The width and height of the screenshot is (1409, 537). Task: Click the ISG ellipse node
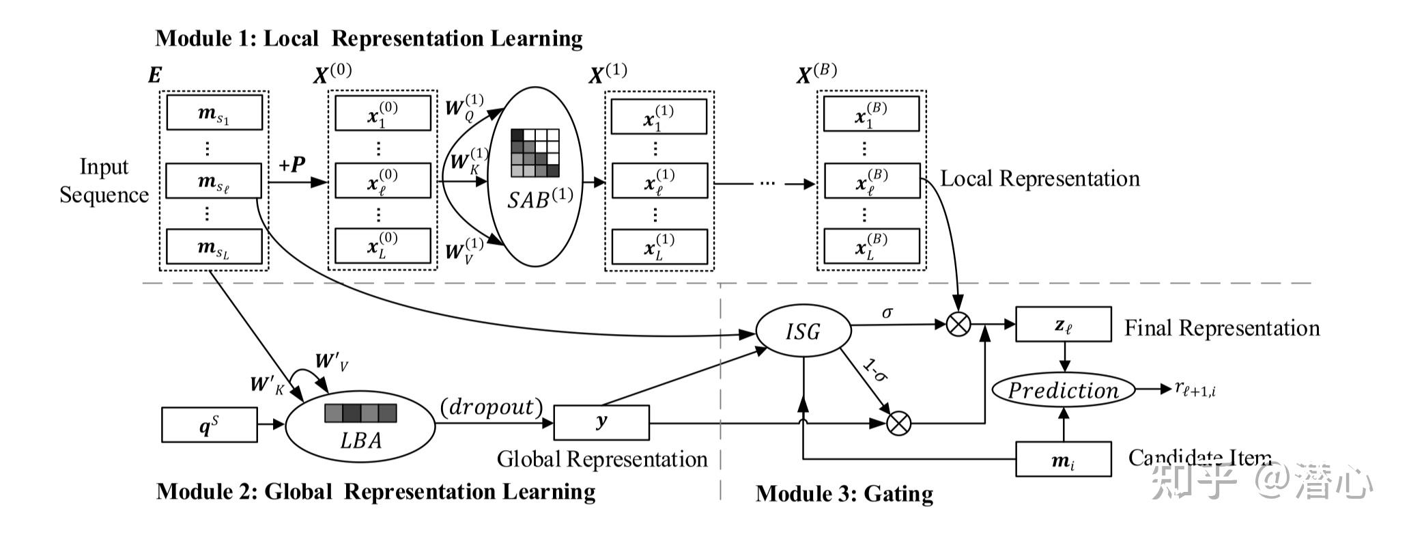[803, 331]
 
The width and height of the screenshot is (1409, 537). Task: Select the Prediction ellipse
[1063, 390]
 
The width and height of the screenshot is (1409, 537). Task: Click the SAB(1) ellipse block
[535, 176]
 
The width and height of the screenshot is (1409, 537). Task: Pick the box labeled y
[601, 423]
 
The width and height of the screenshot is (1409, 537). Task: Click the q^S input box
[210, 425]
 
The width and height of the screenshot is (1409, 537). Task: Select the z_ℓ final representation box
[1063, 325]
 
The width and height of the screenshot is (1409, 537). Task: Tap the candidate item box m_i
[1063, 459]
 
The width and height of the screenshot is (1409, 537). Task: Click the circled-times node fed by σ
[958, 324]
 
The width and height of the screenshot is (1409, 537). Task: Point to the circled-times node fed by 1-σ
[898, 424]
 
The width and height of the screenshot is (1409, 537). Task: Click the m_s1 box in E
[214, 113]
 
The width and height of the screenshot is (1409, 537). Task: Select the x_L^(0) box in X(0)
[382, 246]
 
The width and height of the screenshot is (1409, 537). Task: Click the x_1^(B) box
[871, 113]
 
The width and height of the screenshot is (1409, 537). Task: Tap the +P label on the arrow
[291, 165]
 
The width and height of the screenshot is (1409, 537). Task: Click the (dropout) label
[492, 407]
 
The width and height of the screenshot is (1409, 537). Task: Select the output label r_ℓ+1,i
[1195, 389]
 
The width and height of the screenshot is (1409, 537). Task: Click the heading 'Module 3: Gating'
[844, 493]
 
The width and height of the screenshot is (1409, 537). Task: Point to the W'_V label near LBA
[332, 361]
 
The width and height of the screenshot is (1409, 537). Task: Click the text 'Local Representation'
[1040, 178]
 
